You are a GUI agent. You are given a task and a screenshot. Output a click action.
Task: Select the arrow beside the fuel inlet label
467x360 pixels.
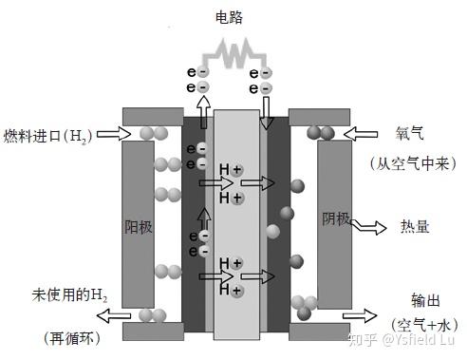click(x=111, y=133)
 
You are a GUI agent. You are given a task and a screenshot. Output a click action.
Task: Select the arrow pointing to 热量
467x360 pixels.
click(x=367, y=226)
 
